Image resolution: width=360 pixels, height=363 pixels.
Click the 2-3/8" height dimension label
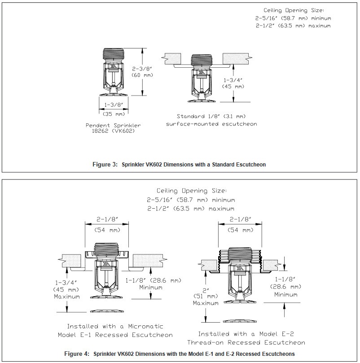pos(143,69)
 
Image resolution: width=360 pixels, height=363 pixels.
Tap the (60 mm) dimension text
pos(143,75)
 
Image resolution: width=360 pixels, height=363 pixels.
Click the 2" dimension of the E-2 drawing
pos(206,290)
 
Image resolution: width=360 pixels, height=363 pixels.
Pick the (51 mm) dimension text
pos(206,297)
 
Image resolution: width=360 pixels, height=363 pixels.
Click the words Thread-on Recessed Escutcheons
pos(252,342)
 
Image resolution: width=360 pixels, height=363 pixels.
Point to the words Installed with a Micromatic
pos(115,326)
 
